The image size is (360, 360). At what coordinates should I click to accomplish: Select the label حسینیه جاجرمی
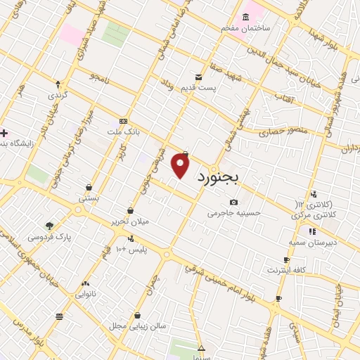pyautogui.click(x=233, y=212)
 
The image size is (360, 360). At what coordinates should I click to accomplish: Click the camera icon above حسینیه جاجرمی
pyautogui.click(x=233, y=202)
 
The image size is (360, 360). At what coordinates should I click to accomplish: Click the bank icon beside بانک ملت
pyautogui.click(x=124, y=122)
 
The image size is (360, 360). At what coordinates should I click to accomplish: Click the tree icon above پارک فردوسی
pyautogui.click(x=49, y=226)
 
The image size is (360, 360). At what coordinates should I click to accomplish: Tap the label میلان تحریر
pyautogui.click(x=131, y=221)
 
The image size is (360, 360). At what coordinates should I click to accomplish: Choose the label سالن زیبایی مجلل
pyautogui.click(x=137, y=326)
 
